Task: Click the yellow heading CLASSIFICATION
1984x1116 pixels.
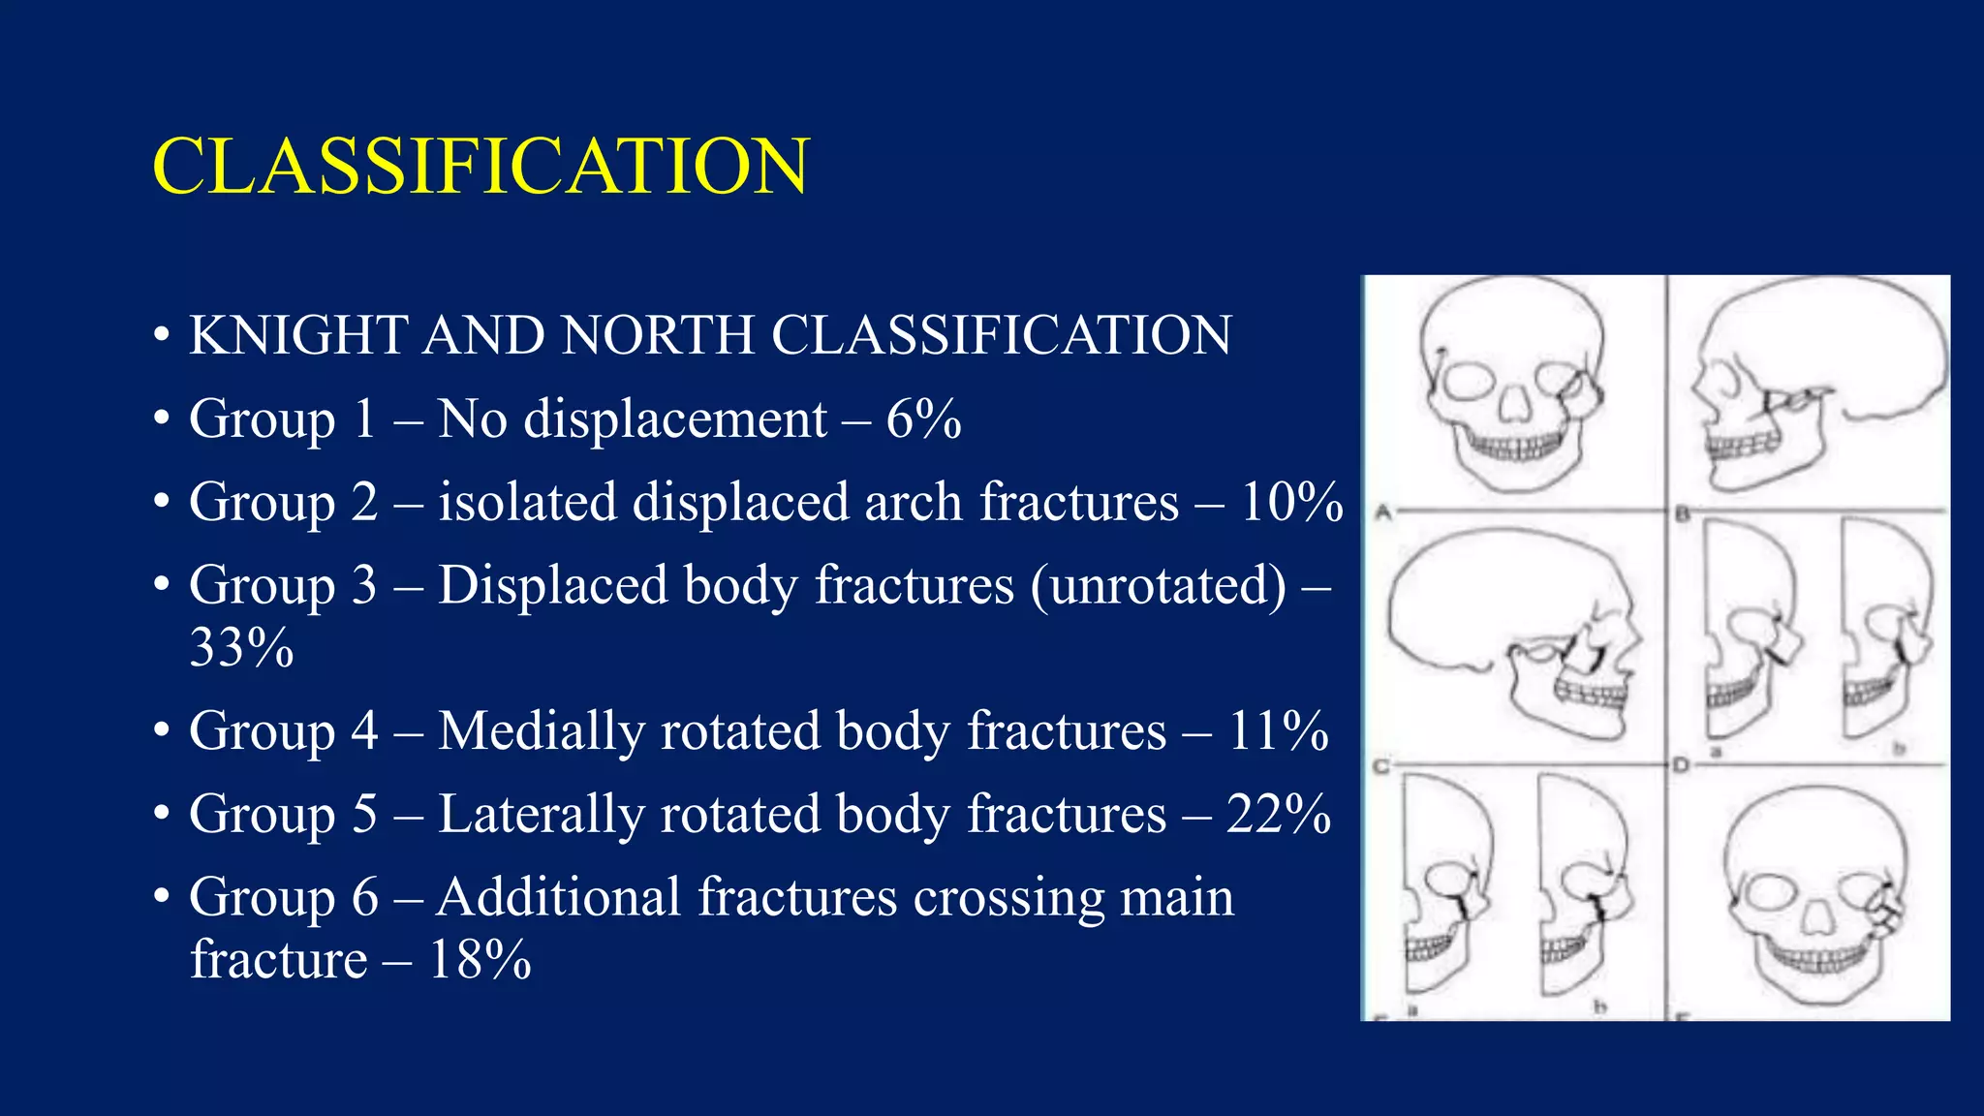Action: coord(480,167)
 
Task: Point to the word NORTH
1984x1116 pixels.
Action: coord(658,336)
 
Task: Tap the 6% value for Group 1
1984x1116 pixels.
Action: coord(923,419)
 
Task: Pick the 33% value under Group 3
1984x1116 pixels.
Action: coord(241,648)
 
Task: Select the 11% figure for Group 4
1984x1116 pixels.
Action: coord(1278,731)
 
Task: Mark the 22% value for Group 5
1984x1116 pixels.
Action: coord(1278,815)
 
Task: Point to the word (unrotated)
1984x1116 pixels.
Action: coord(1159,586)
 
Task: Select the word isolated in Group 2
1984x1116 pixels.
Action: coord(527,503)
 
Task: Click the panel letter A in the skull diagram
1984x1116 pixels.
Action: coord(1383,512)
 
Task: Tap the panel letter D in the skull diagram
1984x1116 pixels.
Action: coord(1680,765)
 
